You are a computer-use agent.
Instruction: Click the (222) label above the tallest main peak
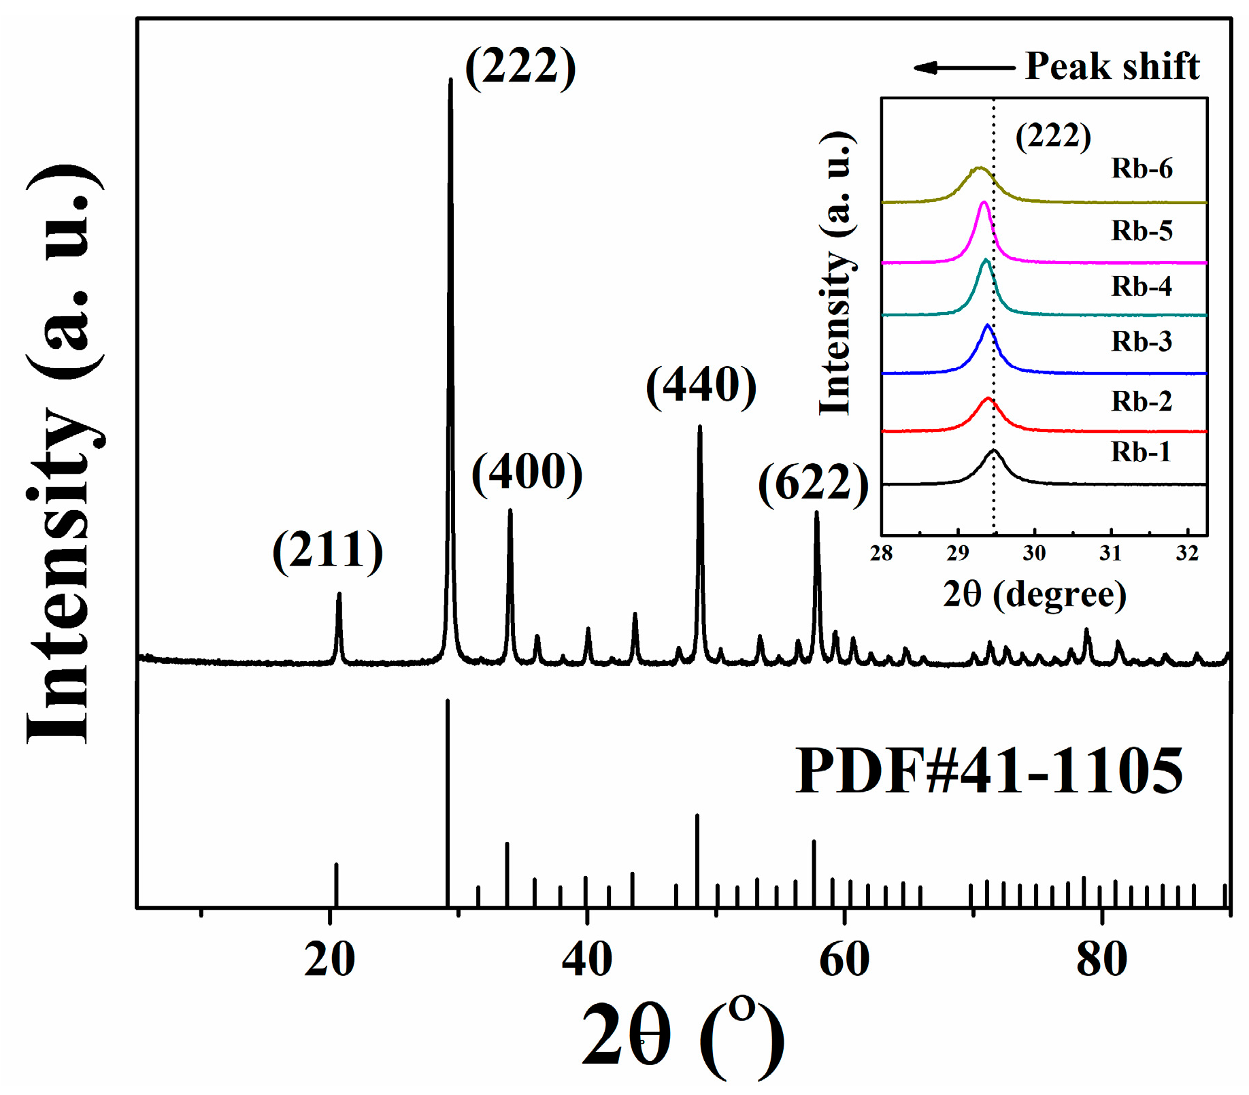[520, 66]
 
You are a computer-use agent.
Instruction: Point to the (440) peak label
[701, 385]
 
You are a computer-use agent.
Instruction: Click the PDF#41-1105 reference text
[989, 771]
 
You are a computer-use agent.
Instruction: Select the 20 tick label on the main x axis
[329, 960]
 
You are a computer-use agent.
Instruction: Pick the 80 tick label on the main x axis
[1101, 960]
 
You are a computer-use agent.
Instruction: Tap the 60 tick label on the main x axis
[844, 960]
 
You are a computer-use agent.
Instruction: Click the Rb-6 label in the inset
[1142, 168]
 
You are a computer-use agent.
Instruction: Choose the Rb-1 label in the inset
[1141, 452]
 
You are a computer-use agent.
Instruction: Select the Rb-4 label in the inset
[1142, 286]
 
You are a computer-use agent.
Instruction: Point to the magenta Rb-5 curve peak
[983, 203]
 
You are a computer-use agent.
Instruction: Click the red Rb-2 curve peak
[988, 399]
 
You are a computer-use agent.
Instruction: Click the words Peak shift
[1112, 66]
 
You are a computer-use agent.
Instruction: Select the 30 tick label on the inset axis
[1034, 553]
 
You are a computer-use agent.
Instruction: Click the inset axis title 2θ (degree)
[1035, 594]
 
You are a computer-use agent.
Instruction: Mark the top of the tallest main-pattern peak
[450, 80]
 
